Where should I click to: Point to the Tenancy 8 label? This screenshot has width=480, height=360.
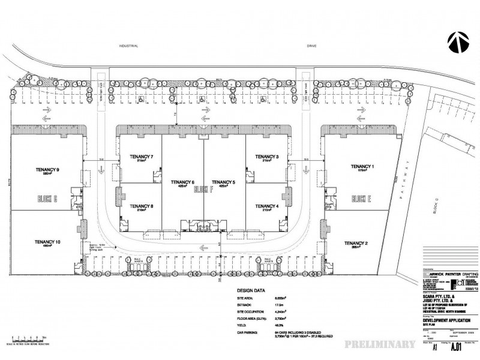pyautogui.click(x=142, y=206)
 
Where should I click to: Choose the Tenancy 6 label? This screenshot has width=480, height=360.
pyautogui.click(x=182, y=182)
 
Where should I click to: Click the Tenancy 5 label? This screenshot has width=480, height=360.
pyautogui.click(x=223, y=182)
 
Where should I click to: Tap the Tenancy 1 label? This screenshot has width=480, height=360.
pyautogui.click(x=362, y=166)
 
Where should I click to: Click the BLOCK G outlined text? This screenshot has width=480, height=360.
pyautogui.click(x=47, y=198)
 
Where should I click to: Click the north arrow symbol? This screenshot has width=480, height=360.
pyautogui.click(x=457, y=43)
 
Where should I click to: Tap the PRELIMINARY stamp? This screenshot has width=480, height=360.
pyautogui.click(x=379, y=344)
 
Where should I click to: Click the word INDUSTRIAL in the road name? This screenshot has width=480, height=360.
pyautogui.click(x=129, y=46)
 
